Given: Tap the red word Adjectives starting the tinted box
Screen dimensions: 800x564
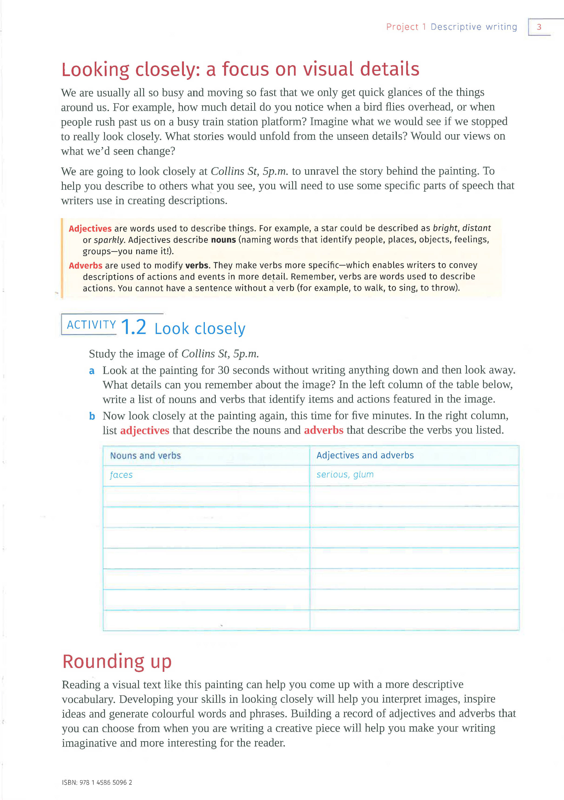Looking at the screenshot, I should (x=90, y=229).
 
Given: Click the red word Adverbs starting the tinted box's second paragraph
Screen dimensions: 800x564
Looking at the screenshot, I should (x=85, y=265).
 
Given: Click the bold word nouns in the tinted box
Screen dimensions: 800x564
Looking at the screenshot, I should (x=223, y=240).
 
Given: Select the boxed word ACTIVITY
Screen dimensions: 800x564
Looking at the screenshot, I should (x=91, y=325).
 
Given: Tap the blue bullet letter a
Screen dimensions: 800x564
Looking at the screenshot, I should (x=92, y=371).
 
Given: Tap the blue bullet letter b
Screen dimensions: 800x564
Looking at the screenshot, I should (x=92, y=416).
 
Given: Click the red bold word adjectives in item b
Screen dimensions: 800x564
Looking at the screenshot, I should (x=145, y=431).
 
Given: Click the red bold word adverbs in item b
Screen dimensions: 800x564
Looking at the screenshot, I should (x=324, y=430).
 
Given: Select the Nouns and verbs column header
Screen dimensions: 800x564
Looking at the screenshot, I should (x=145, y=456).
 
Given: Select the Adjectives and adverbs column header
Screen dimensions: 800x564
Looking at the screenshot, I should (x=365, y=455).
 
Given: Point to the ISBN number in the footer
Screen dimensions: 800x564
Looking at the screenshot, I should (x=97, y=782).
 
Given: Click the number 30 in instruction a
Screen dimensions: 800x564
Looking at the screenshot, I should (x=223, y=370).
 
